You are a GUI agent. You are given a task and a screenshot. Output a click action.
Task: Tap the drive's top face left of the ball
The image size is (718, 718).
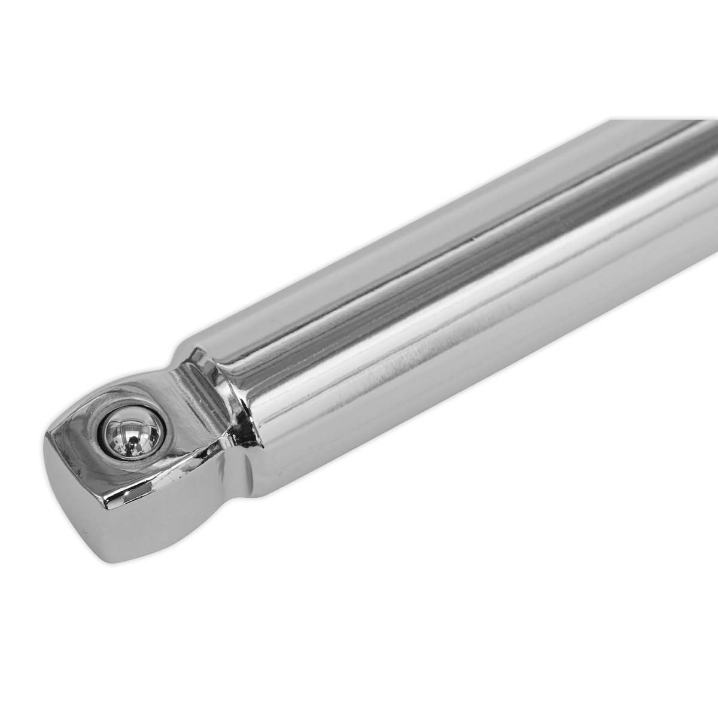(78, 431)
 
